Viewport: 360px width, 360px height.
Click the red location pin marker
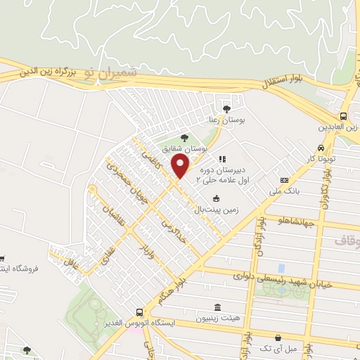point(181,167)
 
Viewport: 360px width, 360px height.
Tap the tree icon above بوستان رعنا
point(226,108)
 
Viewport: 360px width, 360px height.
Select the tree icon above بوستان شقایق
point(184,138)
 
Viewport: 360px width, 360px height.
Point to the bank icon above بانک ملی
point(284,180)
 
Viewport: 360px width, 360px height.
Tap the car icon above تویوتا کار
point(321,148)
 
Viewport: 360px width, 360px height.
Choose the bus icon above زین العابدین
point(343,116)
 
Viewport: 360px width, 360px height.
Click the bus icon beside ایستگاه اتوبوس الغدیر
point(139,312)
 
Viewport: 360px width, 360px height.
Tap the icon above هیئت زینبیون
point(218,308)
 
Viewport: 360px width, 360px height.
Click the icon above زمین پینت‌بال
point(215,198)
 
